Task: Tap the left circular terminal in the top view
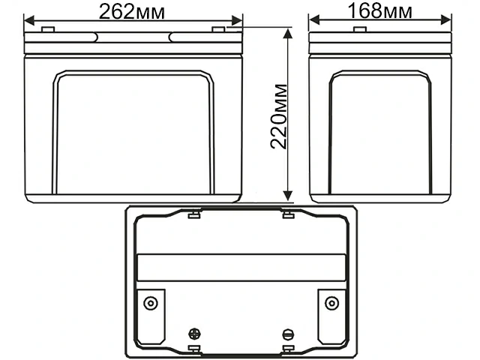click(151, 303)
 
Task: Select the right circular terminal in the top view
click(331, 303)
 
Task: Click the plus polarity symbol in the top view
click(195, 334)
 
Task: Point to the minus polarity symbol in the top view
click(287, 334)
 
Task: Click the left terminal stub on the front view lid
click(47, 29)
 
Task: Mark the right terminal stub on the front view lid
click(218, 29)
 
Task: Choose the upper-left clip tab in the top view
click(193, 216)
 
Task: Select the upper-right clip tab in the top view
click(288, 216)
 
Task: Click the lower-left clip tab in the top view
click(193, 349)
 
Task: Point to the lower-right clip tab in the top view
click(288, 349)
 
